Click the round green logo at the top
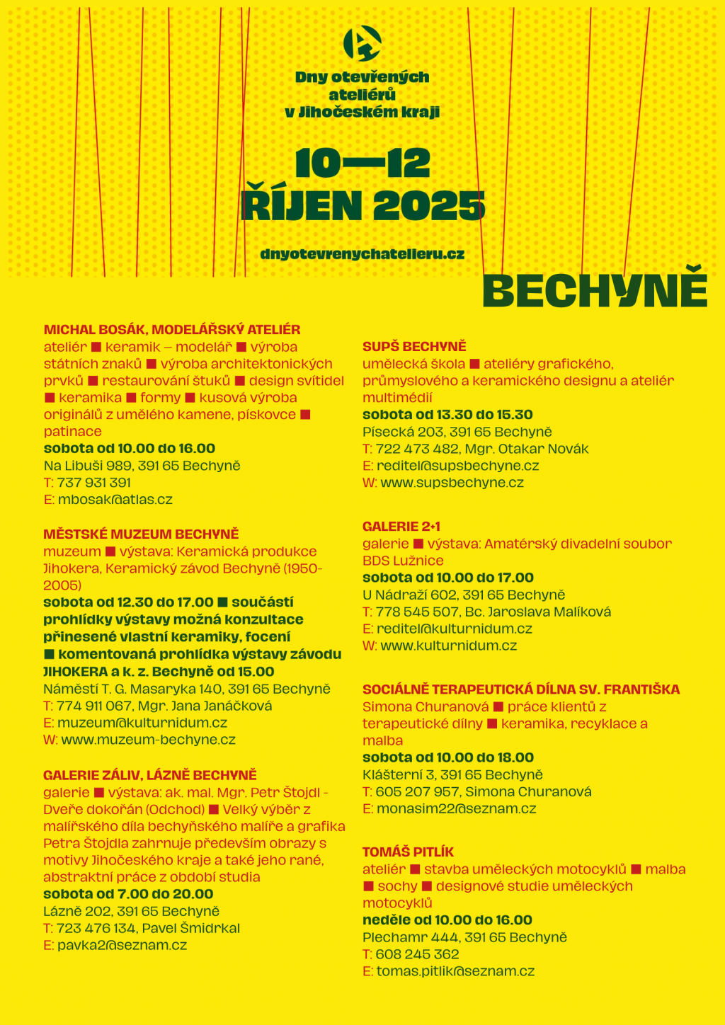point(362,43)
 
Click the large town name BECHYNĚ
point(595,290)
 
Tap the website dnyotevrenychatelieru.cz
point(362,254)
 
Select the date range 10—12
point(362,164)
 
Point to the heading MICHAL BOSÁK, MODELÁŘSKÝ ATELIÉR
point(172,330)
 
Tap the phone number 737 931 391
point(94,483)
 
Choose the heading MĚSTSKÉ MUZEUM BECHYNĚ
point(141,534)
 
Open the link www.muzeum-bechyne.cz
point(148,740)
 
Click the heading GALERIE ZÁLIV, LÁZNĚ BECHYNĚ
point(149,775)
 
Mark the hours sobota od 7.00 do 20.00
point(128,894)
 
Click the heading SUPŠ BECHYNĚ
point(414,347)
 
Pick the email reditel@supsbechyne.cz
point(457,466)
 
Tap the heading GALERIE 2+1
point(401,527)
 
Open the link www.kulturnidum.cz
point(448,646)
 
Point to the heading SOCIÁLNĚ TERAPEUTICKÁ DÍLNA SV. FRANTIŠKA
point(521,689)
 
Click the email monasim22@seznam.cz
point(456,808)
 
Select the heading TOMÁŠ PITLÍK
point(408,852)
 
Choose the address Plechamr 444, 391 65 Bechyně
point(464,937)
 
